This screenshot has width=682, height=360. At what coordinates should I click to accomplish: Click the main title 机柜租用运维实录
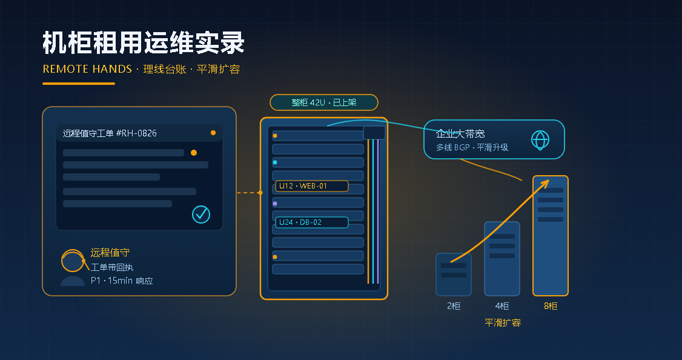(144, 42)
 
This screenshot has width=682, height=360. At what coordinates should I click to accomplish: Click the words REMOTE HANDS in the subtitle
(87, 68)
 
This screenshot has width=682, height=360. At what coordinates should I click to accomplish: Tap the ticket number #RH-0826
(136, 133)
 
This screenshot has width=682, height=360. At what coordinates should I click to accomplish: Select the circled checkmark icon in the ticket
(201, 214)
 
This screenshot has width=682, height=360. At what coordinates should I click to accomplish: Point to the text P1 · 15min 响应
(122, 281)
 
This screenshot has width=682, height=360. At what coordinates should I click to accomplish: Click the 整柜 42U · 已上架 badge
(324, 103)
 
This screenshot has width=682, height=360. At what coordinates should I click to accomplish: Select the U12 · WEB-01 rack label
(311, 186)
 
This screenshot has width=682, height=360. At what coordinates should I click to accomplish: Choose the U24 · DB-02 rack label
(311, 222)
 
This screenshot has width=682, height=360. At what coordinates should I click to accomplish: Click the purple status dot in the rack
(275, 204)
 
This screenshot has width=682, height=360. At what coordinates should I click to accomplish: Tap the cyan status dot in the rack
(275, 162)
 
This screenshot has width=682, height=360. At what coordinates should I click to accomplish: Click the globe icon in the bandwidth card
(540, 140)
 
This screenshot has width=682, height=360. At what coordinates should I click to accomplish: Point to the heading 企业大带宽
(460, 133)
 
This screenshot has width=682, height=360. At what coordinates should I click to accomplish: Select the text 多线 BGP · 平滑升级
(472, 147)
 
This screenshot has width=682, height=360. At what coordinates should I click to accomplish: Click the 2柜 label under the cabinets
(454, 306)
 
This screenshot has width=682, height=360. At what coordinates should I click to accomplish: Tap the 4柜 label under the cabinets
(502, 306)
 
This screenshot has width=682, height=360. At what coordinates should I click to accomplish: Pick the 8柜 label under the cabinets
(551, 306)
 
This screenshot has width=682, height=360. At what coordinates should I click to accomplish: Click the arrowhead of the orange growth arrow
(546, 183)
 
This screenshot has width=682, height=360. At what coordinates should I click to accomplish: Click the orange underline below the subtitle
(79, 84)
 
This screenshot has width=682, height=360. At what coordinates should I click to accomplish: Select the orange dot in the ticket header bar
(213, 133)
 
